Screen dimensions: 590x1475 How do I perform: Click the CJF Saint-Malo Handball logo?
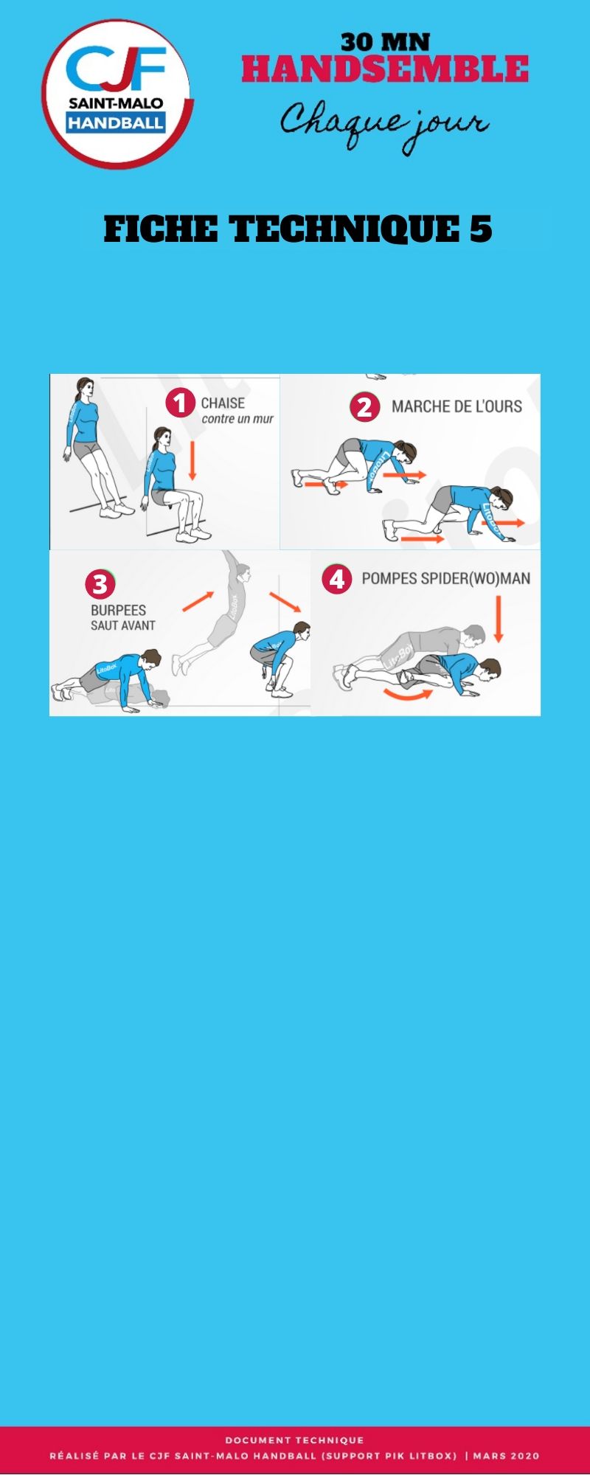pyautogui.click(x=117, y=94)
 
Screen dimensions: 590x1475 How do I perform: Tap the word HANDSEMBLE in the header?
pyautogui.click(x=385, y=69)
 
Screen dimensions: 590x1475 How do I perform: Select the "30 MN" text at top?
pyautogui.click(x=385, y=42)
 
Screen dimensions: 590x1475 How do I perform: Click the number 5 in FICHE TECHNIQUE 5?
pyautogui.click(x=481, y=229)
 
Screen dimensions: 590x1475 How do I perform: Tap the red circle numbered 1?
pyautogui.click(x=179, y=403)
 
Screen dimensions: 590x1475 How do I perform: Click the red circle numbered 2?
pyautogui.click(x=364, y=407)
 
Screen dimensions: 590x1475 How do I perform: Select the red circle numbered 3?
pyautogui.click(x=100, y=585)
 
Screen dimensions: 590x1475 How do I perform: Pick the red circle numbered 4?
pyautogui.click(x=336, y=579)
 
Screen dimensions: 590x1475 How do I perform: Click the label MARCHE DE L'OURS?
pyautogui.click(x=457, y=406)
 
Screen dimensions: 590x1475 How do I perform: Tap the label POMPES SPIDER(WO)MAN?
pyautogui.click(x=445, y=579)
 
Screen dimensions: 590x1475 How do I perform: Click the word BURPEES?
pyautogui.click(x=118, y=611)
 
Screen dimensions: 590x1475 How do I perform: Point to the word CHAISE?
pyautogui.click(x=223, y=403)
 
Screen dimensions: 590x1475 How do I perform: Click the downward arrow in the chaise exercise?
pyautogui.click(x=192, y=461)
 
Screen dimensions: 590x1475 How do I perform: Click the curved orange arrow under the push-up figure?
pyautogui.click(x=408, y=693)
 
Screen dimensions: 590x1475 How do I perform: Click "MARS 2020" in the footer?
pyautogui.click(x=506, y=1456)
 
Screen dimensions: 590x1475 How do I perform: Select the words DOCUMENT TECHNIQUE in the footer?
pyautogui.click(x=295, y=1440)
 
